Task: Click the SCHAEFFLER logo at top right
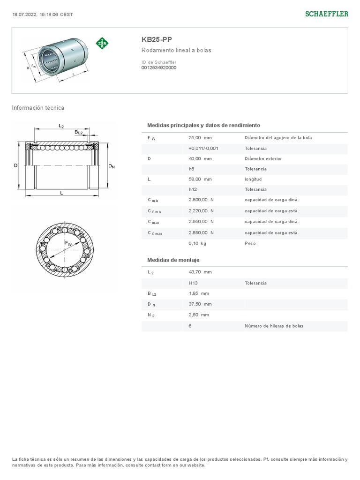(327, 14)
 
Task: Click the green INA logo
(102, 43)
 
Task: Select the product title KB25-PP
(153, 40)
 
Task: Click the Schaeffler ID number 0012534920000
(159, 67)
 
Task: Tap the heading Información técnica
(38, 108)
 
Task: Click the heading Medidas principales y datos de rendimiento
(203, 126)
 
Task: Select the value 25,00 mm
(200, 138)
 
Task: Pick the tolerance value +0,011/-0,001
(203, 148)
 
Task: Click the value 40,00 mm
(200, 158)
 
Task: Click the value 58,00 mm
(200, 179)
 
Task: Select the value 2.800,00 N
(201, 200)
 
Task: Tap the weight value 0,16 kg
(197, 243)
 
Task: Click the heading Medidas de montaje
(173, 260)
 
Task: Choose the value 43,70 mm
(200, 272)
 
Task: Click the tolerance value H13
(193, 283)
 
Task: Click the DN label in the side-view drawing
(112, 166)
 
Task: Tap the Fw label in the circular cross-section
(68, 243)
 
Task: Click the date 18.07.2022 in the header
(23, 14)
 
